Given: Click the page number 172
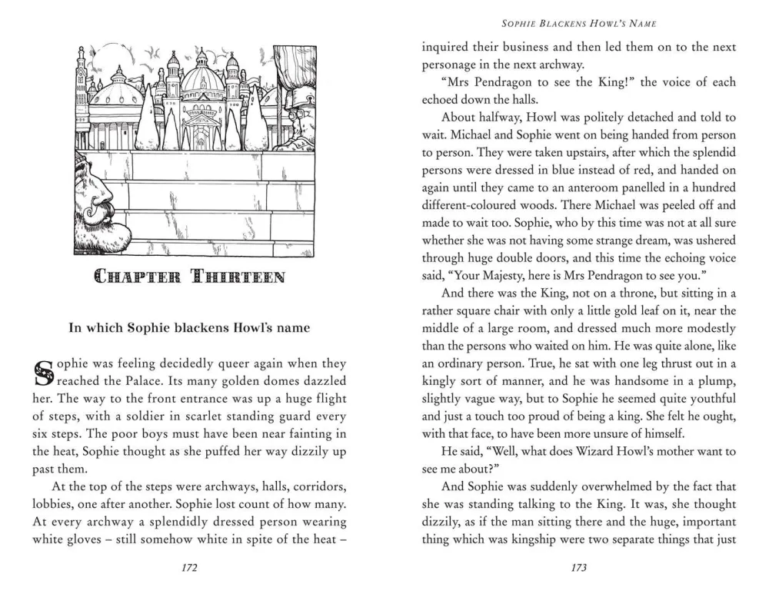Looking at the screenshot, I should pos(189,568).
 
